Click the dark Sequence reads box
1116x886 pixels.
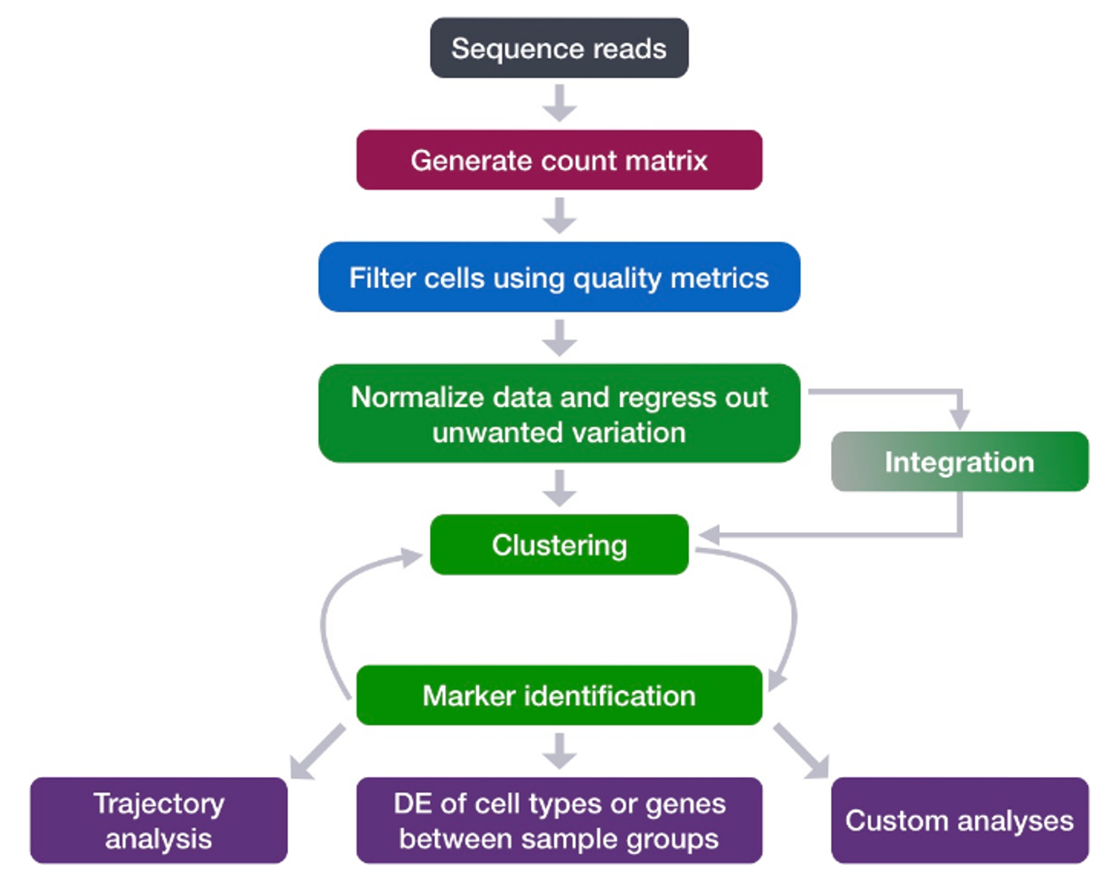coord(559,48)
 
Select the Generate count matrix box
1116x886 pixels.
coord(559,160)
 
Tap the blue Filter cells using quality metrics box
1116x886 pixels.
coord(559,277)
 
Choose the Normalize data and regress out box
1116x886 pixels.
coord(559,413)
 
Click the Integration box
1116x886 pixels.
coord(960,461)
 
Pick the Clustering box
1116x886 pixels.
coord(559,545)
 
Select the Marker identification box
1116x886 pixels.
coord(559,695)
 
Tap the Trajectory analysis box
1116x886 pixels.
coord(159,820)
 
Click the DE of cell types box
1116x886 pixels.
coord(559,820)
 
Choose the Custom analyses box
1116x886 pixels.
coord(960,820)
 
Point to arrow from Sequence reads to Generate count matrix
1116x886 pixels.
coord(560,103)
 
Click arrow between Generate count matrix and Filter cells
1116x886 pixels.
coord(560,215)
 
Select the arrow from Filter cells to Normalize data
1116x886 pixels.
coord(560,338)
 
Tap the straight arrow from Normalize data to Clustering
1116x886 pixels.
coord(560,488)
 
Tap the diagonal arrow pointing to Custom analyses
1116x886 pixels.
coord(801,751)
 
